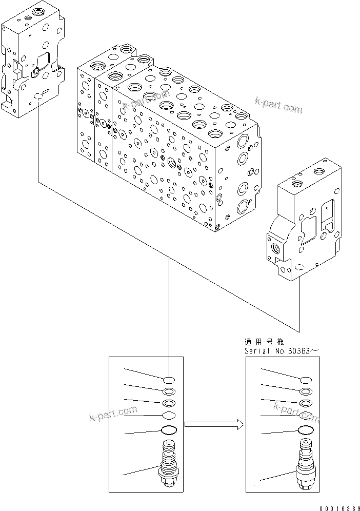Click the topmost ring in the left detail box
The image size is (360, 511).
point(169,380)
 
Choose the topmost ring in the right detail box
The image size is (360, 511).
point(306,380)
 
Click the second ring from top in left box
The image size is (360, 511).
point(169,392)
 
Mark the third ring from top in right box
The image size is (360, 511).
point(306,404)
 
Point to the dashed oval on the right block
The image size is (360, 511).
point(299,267)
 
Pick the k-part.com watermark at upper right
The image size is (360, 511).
point(278,106)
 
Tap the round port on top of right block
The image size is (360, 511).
point(296,183)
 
